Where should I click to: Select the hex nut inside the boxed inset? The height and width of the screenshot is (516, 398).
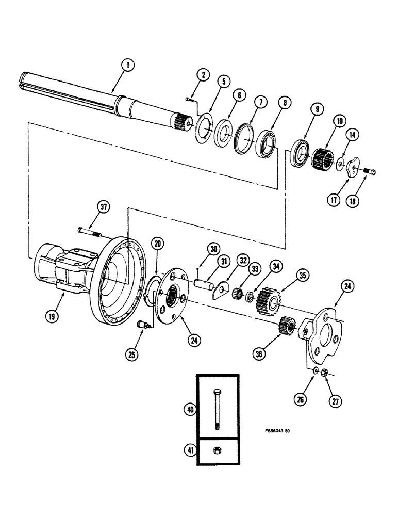coord(217,450)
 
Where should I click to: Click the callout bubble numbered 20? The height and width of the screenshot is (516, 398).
coord(158,243)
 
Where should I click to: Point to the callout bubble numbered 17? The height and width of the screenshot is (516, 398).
coord(335,199)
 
